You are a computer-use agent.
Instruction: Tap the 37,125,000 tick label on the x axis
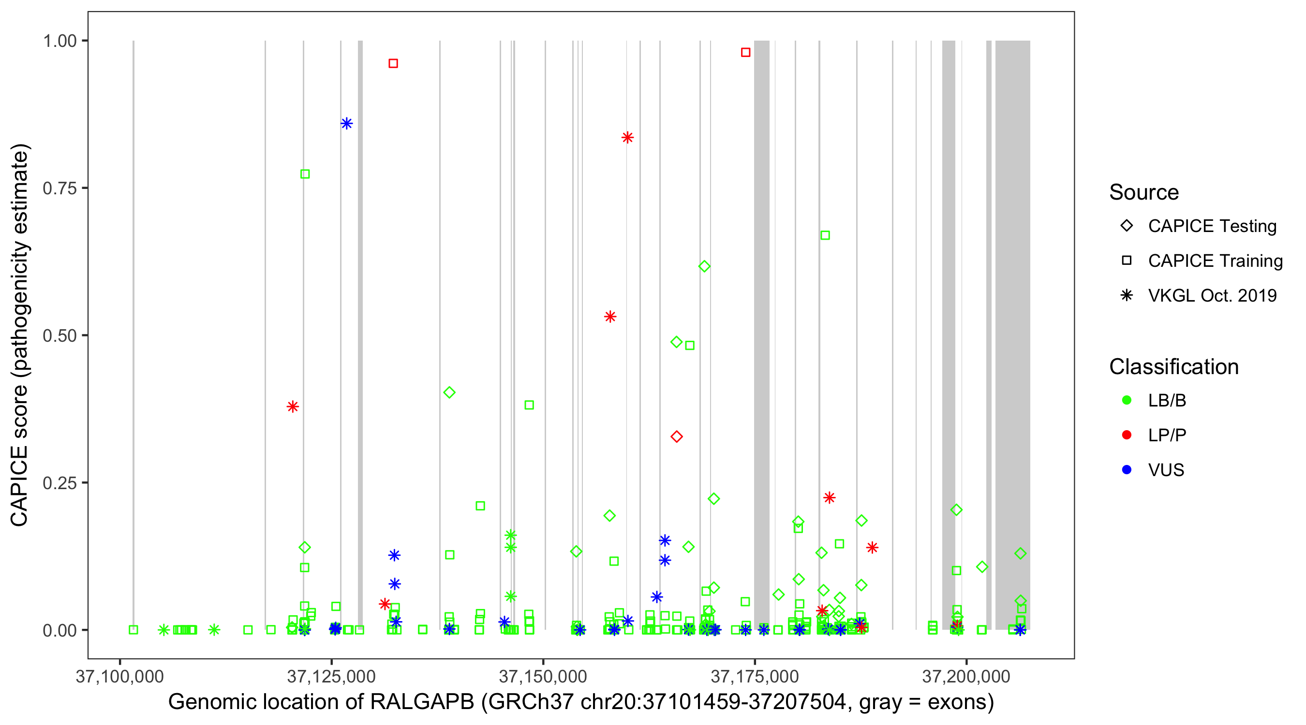pyautogui.click(x=331, y=677)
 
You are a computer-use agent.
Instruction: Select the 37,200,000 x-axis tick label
pyautogui.click(x=966, y=677)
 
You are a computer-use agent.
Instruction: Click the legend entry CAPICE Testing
pyautogui.click(x=1212, y=226)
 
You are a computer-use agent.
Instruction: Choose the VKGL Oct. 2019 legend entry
pyautogui.click(x=1212, y=295)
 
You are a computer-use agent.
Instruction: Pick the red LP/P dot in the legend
pyautogui.click(x=1127, y=435)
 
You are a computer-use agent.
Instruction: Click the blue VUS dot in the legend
pyautogui.click(x=1127, y=470)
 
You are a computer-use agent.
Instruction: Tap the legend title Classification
pyautogui.click(x=1173, y=367)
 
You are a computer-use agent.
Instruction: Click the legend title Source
pyautogui.click(x=1144, y=192)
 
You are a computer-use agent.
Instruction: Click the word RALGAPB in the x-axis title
pyautogui.click(x=422, y=702)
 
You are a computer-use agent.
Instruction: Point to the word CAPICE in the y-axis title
pyautogui.click(x=19, y=485)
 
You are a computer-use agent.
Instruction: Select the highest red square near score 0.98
pyautogui.click(x=745, y=52)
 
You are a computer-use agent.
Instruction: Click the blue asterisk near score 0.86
pyautogui.click(x=347, y=124)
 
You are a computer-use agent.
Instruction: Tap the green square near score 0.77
pyautogui.click(x=305, y=174)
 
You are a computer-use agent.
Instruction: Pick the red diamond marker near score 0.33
pyautogui.click(x=676, y=437)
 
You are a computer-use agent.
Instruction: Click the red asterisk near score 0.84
pyautogui.click(x=628, y=137)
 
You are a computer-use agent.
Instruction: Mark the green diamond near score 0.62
pyautogui.click(x=704, y=266)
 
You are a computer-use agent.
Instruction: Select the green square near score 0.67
pyautogui.click(x=825, y=235)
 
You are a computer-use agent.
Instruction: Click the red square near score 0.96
pyautogui.click(x=393, y=63)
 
